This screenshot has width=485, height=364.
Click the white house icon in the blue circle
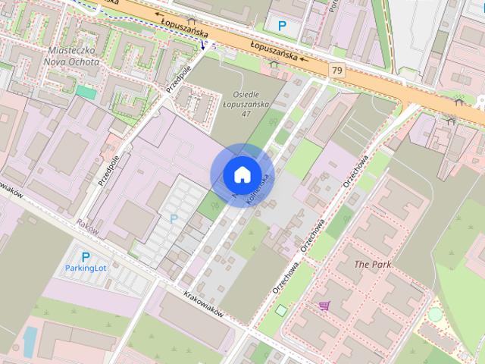coord(242,174)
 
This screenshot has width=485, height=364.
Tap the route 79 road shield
coord(336,70)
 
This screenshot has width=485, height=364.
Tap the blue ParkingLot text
coord(86,268)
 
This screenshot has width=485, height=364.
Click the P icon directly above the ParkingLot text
coord(86,257)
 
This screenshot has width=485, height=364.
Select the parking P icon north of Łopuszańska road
coord(282,26)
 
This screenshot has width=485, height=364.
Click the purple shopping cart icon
coord(324,306)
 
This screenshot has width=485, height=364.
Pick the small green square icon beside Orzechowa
coord(282,309)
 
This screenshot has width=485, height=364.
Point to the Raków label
coord(88,224)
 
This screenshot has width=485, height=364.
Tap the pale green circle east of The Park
coord(435,312)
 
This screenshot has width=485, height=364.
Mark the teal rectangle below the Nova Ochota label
coord(86,92)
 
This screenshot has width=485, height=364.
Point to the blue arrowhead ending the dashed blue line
coord(203,45)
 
